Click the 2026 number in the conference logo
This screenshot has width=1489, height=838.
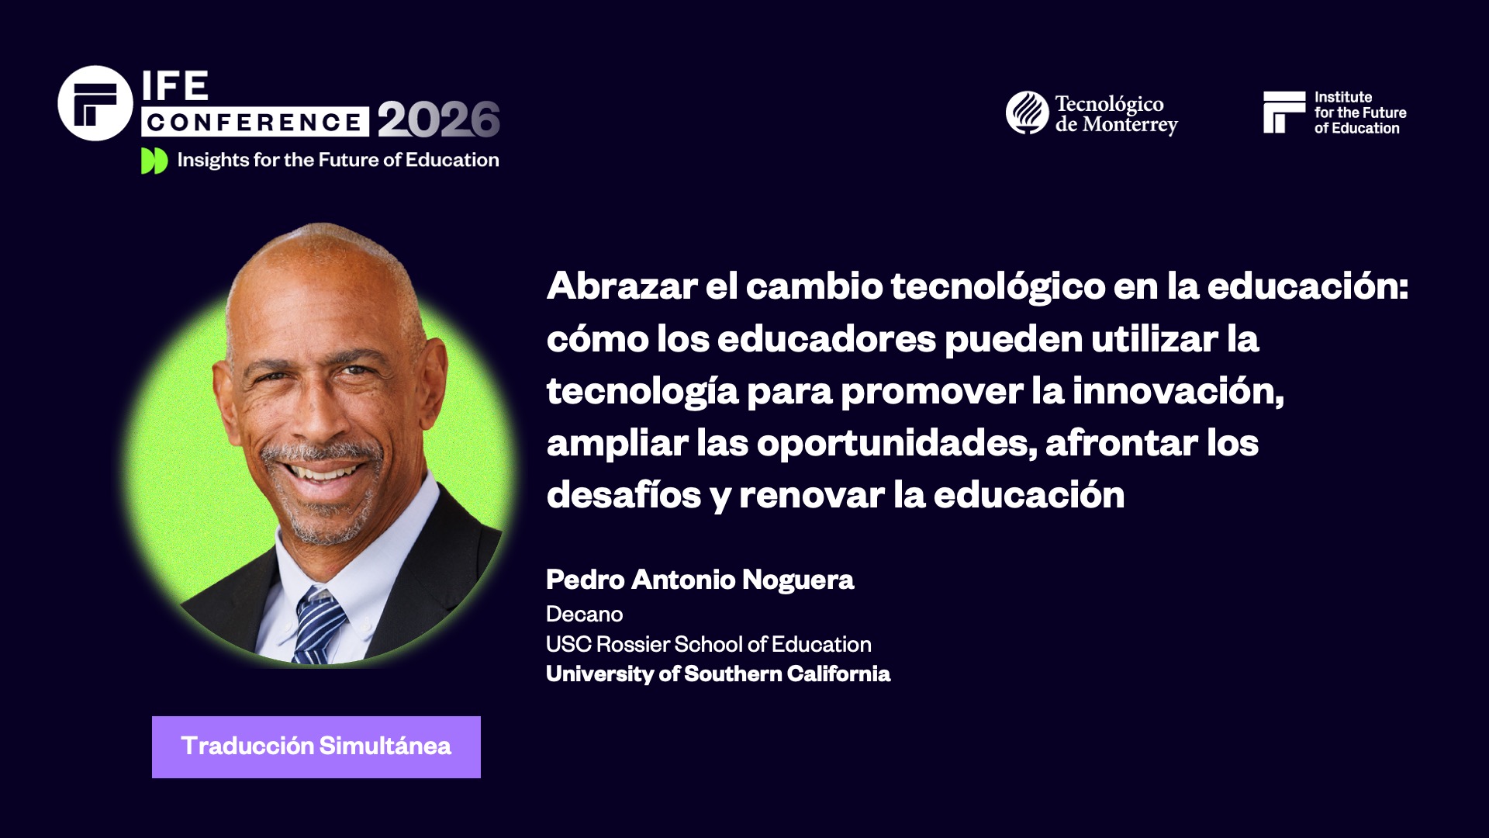click(438, 119)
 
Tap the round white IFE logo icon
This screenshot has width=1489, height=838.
click(95, 103)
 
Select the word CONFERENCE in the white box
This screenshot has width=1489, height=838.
click(254, 122)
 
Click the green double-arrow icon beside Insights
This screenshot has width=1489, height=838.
click(154, 161)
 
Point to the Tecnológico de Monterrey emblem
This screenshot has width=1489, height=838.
click(1028, 113)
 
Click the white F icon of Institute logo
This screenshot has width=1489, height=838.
click(1283, 113)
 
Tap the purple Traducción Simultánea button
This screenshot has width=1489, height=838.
click(316, 746)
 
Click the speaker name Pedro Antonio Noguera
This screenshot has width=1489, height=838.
click(700, 580)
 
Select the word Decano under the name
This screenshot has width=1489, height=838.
click(584, 614)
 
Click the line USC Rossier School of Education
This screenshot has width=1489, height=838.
click(708, 644)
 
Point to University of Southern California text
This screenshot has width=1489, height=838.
click(717, 674)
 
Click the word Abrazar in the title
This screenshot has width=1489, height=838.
click(622, 286)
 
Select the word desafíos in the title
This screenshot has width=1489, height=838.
click(624, 495)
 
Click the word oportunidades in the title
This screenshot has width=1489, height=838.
click(896, 443)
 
